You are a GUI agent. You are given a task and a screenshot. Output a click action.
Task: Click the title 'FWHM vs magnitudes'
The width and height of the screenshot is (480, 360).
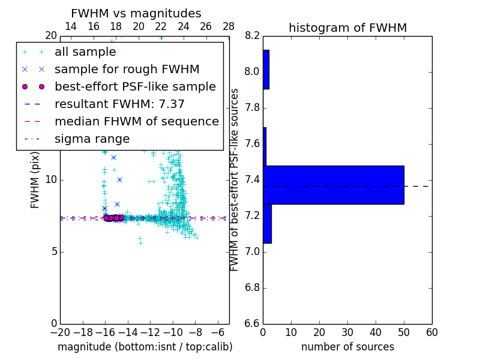click(x=136, y=13)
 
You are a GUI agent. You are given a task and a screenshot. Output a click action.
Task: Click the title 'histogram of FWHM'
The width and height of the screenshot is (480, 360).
click(x=347, y=28)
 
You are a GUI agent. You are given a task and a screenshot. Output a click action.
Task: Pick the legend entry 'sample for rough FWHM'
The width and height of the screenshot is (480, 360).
click(x=127, y=70)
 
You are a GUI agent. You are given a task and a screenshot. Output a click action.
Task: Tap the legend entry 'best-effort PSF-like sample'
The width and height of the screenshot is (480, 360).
click(x=135, y=87)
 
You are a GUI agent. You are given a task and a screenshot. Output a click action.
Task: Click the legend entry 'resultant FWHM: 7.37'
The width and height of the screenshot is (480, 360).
click(x=119, y=104)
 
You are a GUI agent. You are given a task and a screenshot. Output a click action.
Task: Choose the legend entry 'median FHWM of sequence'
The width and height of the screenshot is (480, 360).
click(x=136, y=122)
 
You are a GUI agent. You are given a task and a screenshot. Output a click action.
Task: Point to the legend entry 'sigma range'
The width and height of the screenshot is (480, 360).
click(x=92, y=139)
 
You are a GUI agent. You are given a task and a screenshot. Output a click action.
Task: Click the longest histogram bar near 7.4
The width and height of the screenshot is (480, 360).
click(x=333, y=185)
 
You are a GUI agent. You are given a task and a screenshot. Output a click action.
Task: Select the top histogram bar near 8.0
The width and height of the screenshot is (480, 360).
click(x=266, y=70)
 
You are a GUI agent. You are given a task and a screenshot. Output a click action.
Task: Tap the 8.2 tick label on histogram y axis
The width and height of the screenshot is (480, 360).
click(x=253, y=36)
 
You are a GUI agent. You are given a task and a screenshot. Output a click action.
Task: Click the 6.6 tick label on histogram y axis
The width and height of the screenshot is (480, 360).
click(x=253, y=323)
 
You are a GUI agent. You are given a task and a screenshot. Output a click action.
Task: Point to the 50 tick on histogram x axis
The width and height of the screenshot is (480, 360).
click(x=404, y=332)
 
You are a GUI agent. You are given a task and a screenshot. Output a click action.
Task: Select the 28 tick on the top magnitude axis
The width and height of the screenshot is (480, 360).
click(x=229, y=26)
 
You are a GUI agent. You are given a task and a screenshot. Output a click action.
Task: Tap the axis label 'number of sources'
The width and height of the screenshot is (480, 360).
click(x=347, y=347)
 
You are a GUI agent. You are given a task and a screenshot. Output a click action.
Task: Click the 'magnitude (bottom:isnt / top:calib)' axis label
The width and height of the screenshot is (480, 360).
click(x=145, y=347)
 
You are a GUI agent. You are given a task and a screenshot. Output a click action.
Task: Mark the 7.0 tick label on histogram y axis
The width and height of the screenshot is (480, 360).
click(x=253, y=251)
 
